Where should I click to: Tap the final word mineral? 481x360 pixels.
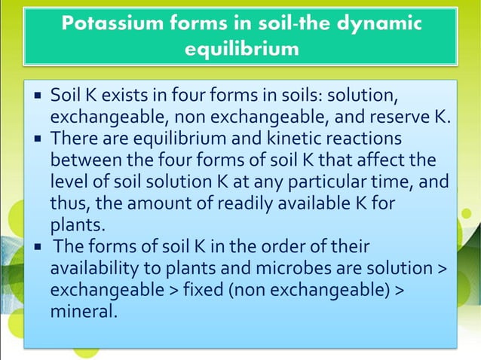click(x=83, y=310)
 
